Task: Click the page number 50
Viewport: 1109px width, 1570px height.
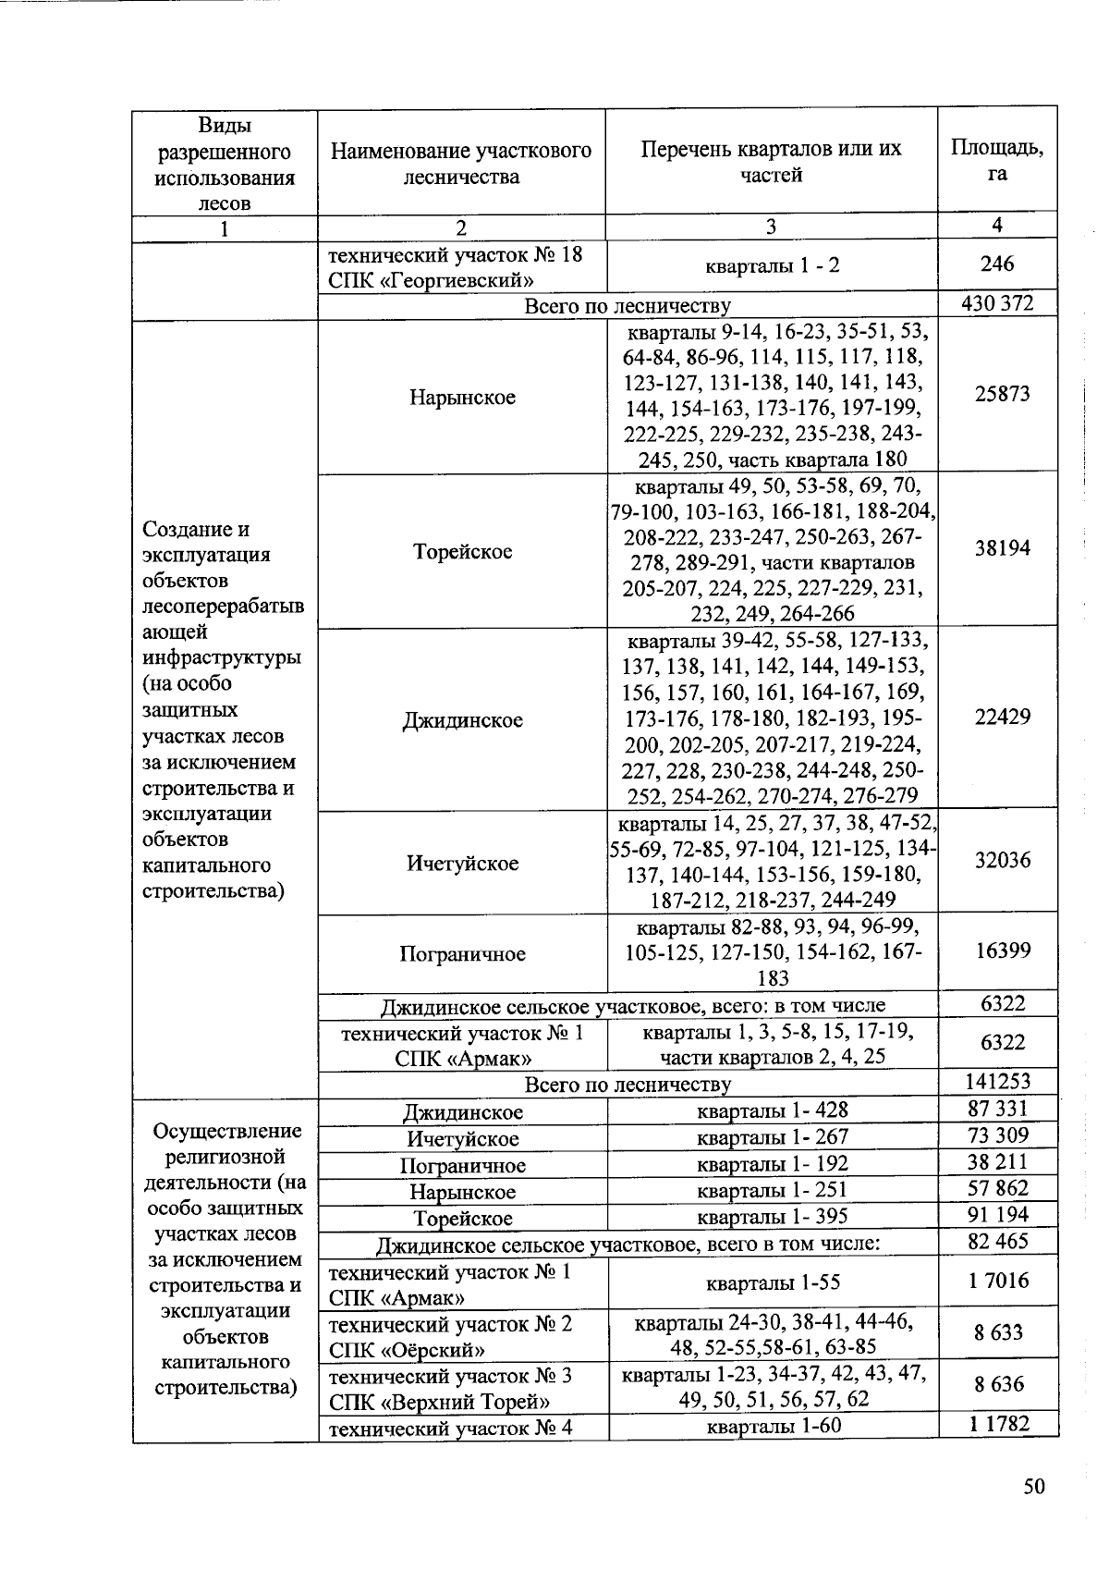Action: click(x=1033, y=1486)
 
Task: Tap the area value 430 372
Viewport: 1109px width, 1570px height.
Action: click(x=996, y=303)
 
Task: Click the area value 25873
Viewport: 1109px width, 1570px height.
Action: click(x=1002, y=394)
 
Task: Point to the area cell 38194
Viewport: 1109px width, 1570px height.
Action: click(x=1002, y=548)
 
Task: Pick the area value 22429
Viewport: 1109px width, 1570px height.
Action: click(x=1002, y=717)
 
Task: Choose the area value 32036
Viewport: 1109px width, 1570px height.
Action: click(x=1002, y=861)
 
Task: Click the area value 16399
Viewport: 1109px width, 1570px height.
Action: click(x=1002, y=951)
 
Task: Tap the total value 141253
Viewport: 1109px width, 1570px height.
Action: click(x=998, y=1082)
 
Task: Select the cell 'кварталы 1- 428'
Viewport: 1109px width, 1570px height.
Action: click(x=772, y=1110)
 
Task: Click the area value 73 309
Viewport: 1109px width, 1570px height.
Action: click(x=998, y=1135)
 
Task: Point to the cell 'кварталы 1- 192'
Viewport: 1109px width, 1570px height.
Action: click(x=772, y=1163)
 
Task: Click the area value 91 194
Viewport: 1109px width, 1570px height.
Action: click(x=998, y=1215)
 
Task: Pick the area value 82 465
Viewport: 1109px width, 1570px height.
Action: click(x=998, y=1241)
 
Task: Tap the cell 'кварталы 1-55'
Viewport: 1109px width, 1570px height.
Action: click(x=772, y=1282)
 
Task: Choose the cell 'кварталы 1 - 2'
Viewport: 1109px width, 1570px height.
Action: click(x=772, y=266)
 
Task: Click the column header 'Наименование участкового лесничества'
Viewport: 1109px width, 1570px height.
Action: click(x=461, y=163)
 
